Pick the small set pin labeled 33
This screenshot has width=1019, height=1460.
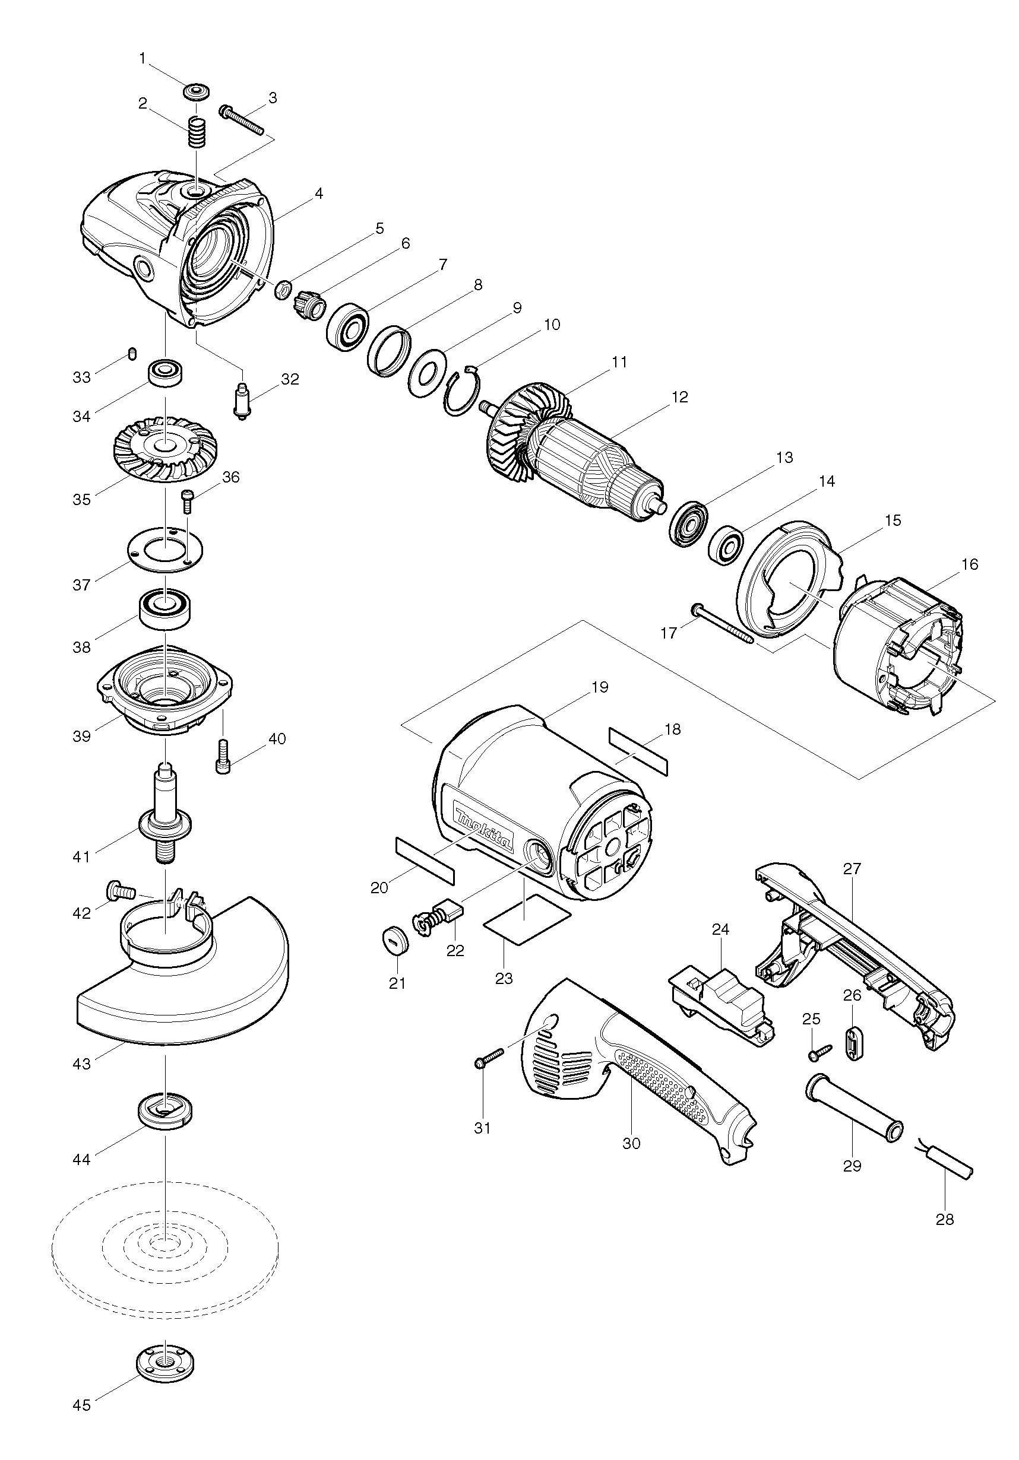point(132,353)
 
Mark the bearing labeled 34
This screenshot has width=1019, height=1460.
point(166,373)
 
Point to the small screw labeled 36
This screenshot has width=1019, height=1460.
point(187,502)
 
